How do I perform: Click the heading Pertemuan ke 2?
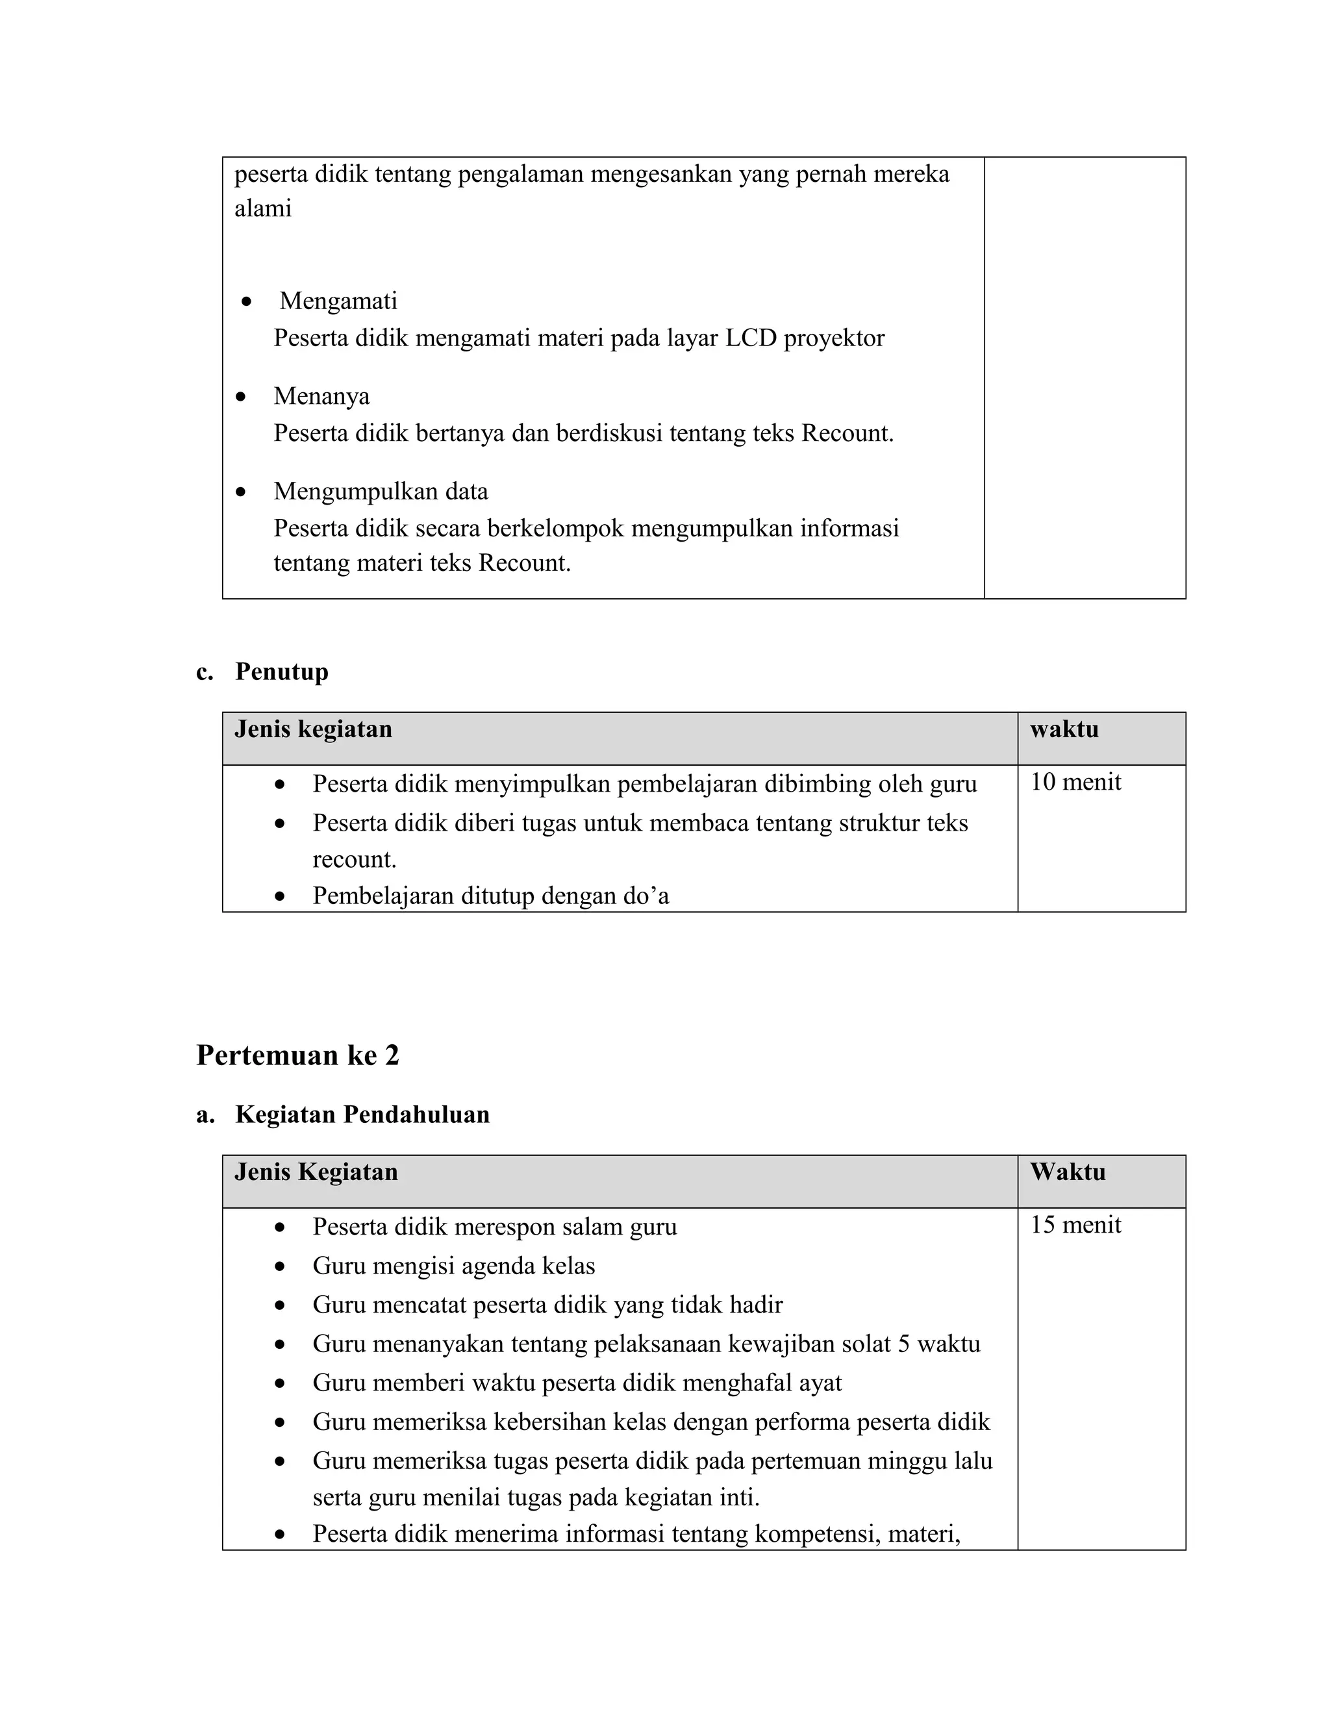pos(298,1055)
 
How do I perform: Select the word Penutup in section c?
pos(281,672)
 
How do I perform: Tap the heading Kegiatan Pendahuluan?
pos(362,1114)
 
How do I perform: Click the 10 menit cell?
pos(1075,782)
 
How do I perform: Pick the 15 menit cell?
pos(1075,1225)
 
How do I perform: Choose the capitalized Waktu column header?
pos(1068,1172)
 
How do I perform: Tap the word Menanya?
pos(321,396)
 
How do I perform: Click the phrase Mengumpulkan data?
pos(381,491)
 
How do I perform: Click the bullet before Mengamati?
pos(247,301)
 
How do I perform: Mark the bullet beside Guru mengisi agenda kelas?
pos(280,1267)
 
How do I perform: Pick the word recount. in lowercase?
pos(354,859)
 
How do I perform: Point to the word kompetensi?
pos(817,1533)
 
